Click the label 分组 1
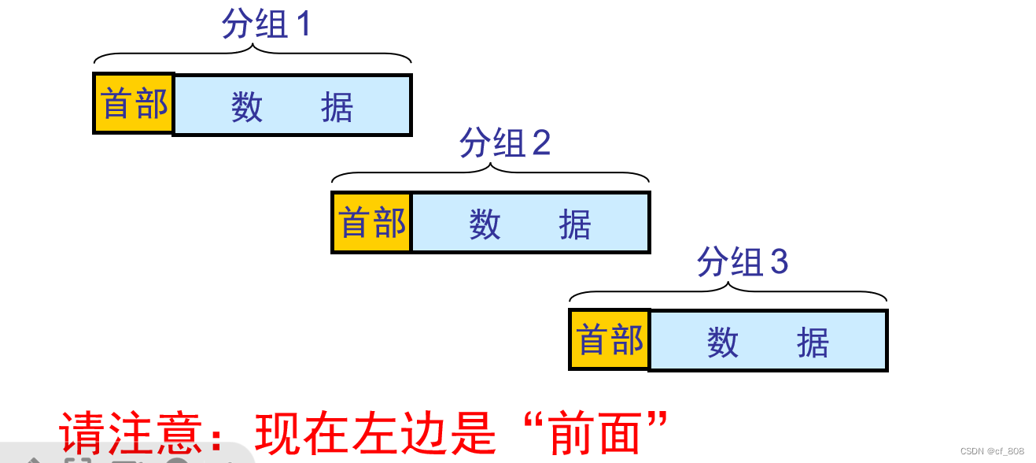[x=267, y=25]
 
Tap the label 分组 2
[x=504, y=143]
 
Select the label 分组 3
[x=742, y=262]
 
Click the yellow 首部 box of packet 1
[x=134, y=104]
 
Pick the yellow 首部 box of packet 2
[x=372, y=222]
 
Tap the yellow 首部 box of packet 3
[x=610, y=340]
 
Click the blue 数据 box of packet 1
[x=292, y=106]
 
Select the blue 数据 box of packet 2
[x=530, y=223]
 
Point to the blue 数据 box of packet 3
[x=768, y=341]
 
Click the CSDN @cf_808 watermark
[x=992, y=451]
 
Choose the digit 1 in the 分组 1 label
[x=303, y=25]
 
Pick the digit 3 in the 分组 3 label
[x=779, y=262]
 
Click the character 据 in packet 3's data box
[x=813, y=343]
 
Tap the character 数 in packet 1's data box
[x=247, y=106]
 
